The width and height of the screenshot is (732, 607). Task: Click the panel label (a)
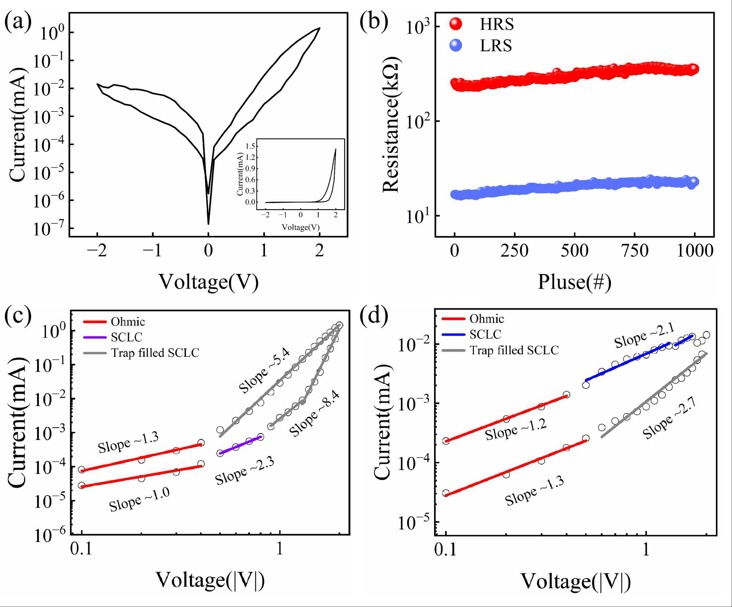[x=18, y=22]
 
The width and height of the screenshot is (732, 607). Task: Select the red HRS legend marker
[x=456, y=24]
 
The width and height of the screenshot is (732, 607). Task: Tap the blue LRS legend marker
[x=456, y=45]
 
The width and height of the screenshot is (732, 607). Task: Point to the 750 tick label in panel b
[x=635, y=251]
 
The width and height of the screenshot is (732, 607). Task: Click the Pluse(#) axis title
[x=574, y=282]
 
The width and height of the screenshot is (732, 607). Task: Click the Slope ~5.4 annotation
[x=264, y=370]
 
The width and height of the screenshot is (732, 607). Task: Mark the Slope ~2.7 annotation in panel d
[x=669, y=418]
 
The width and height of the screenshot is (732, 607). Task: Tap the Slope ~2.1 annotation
[x=644, y=336]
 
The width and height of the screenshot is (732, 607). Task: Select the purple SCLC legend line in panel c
[x=95, y=337]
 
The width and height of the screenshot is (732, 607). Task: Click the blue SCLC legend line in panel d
[x=453, y=334]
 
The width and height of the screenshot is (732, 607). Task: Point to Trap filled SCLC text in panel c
[x=155, y=353]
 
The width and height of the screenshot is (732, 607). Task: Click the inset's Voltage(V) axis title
[x=300, y=227]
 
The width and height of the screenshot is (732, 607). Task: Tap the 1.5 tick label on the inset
[x=250, y=146]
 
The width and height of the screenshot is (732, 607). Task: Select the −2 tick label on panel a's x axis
[x=97, y=251]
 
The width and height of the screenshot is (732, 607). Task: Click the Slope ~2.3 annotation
[x=244, y=471]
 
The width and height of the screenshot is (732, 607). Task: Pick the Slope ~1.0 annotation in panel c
[x=139, y=499]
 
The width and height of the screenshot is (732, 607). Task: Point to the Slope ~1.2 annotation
[x=516, y=429]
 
